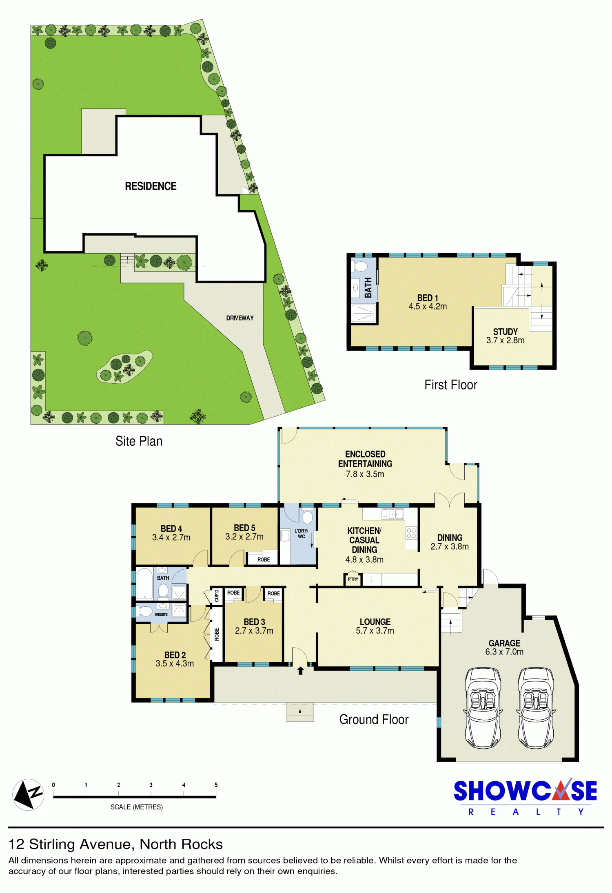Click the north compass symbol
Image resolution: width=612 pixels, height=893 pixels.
pos(28,794)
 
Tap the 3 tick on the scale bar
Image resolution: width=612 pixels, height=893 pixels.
pos(151,793)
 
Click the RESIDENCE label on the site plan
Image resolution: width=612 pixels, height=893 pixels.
pos(151,186)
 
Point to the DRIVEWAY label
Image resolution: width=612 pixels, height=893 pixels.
pos(240,318)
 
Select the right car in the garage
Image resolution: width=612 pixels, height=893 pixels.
pos(536,707)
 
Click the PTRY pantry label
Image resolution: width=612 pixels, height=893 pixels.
pos(353,579)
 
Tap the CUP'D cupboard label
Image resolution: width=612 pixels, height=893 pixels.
pos(217,596)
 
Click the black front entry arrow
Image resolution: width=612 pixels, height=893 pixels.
pos(300,670)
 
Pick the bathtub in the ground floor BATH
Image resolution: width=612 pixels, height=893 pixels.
pos(144,584)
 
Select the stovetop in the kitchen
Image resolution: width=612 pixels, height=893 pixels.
pos(411,533)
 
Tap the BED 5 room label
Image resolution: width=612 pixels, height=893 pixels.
pos(244,528)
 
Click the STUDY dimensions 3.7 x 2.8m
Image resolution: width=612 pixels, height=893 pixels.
pos(505,340)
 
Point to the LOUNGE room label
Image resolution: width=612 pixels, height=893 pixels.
pos(375,622)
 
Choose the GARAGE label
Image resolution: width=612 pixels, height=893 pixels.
pos(504,643)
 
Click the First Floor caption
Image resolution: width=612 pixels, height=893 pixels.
pos(451,385)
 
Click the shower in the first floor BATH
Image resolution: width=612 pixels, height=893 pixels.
pos(364,313)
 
